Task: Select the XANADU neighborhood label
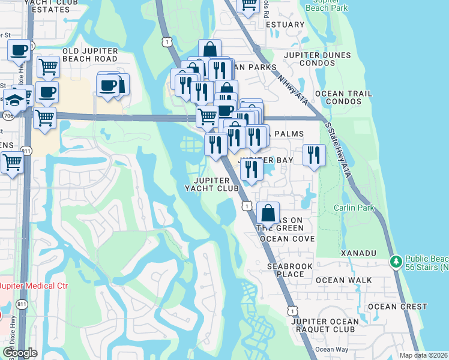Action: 358,254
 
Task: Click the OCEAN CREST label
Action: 397,307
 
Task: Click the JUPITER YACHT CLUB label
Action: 211,184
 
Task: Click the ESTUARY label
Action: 285,25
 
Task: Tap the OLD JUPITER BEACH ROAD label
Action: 90,59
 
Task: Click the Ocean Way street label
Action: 332,350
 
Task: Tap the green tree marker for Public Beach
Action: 396,261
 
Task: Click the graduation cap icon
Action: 15,98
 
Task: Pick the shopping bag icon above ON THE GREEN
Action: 268,212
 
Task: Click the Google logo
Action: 19,353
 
